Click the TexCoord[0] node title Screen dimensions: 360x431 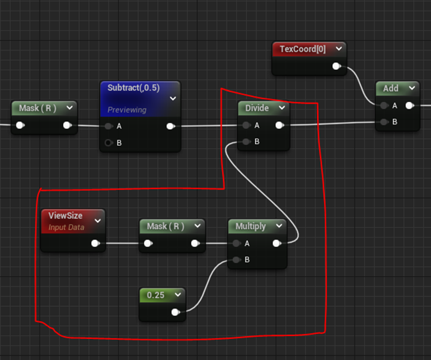click(x=302, y=49)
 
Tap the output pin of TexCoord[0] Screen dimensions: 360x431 click(x=337, y=67)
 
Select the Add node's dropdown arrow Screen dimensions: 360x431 click(x=411, y=88)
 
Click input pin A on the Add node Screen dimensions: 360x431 click(x=384, y=105)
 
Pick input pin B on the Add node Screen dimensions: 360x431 click(x=384, y=121)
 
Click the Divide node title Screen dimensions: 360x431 click(x=257, y=108)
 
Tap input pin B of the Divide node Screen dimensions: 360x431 click(x=247, y=141)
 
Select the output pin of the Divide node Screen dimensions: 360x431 click(x=279, y=125)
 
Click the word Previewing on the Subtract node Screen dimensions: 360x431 click(x=127, y=109)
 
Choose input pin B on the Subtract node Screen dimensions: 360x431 click(x=109, y=142)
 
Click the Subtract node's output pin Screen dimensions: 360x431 click(x=171, y=126)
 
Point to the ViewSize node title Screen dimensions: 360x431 click(x=66, y=216)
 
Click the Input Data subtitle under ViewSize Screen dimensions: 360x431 click(x=66, y=227)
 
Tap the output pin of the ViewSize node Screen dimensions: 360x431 click(x=95, y=243)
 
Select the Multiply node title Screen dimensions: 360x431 click(x=251, y=226)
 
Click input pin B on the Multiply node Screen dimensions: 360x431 click(x=236, y=260)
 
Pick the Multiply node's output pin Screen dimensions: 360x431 click(x=277, y=243)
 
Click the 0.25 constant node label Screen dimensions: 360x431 click(x=156, y=295)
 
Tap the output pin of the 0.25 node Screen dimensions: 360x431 click(x=175, y=312)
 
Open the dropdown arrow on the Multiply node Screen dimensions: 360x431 click(x=278, y=226)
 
